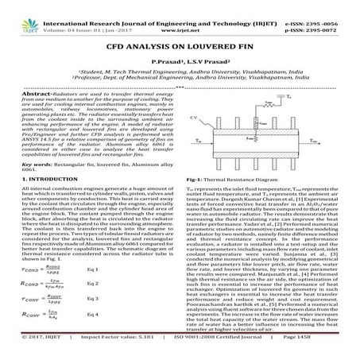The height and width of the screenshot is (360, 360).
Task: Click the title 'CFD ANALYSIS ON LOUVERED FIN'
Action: (x=180, y=46)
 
